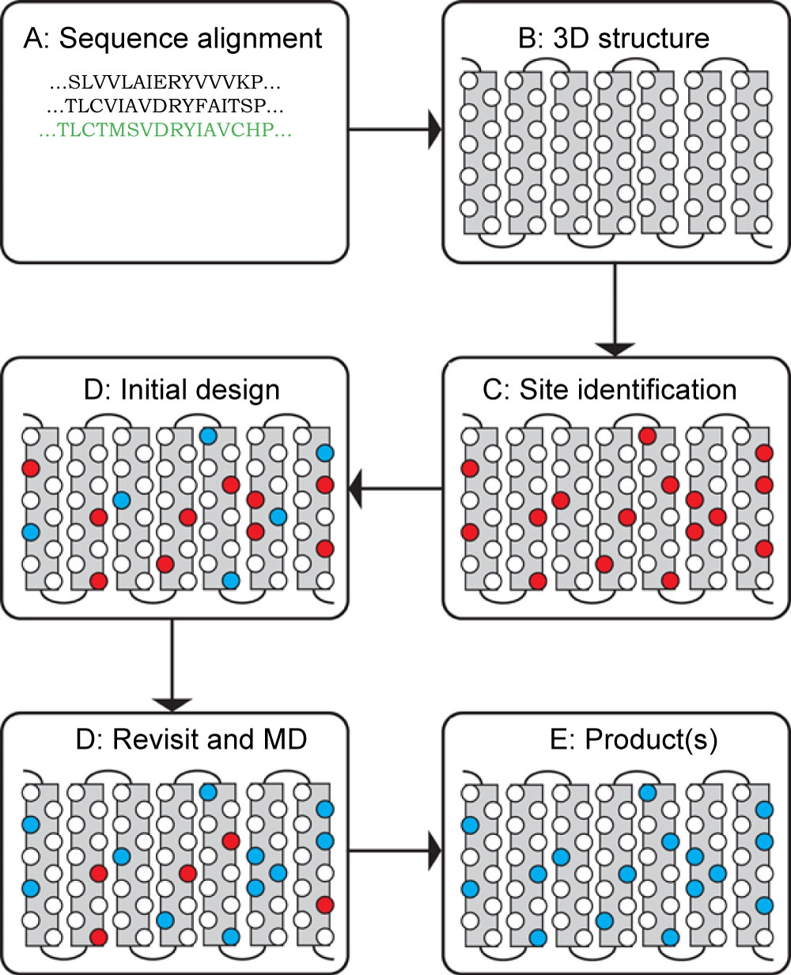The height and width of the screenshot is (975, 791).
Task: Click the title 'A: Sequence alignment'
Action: pos(173,39)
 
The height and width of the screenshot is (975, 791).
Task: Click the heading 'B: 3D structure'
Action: pos(613,38)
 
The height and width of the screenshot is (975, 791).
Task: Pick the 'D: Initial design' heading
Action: pos(181,390)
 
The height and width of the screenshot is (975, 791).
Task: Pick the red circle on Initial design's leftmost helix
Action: pos(31,468)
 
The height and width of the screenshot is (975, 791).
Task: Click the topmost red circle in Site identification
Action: pos(648,436)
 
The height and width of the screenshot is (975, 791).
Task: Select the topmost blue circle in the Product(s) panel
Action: pos(648,792)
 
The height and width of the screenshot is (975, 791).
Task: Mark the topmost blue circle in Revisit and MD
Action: pos(208,792)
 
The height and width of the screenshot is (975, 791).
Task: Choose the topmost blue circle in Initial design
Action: pos(208,436)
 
